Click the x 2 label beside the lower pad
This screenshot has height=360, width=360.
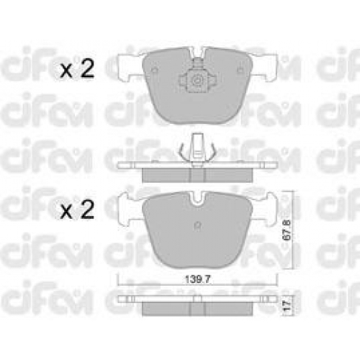tap(77, 210)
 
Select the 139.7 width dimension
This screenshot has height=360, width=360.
tap(198, 279)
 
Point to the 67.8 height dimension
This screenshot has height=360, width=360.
tap(287, 230)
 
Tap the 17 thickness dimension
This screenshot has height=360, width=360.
tap(287, 307)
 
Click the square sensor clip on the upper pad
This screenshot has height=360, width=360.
tap(197, 81)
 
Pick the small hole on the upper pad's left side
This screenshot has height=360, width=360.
tap(155, 70)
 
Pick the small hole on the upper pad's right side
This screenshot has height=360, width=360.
tap(240, 70)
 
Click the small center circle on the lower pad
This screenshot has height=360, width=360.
tap(197, 225)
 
